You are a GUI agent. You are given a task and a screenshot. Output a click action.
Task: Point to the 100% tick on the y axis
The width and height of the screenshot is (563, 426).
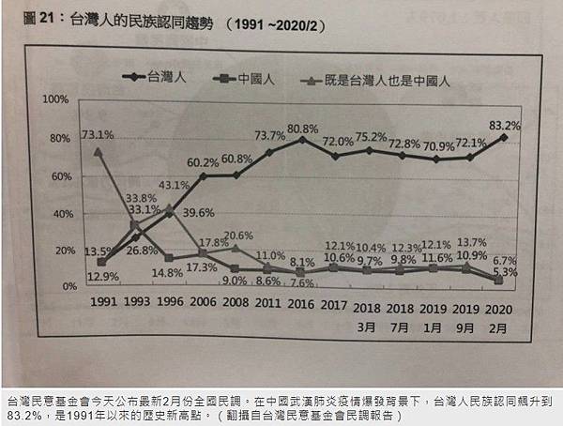point(56,99)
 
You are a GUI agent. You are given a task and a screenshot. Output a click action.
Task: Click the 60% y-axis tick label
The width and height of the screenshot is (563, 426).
point(59,176)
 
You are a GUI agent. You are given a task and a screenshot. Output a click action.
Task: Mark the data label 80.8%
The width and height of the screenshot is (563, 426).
point(305,128)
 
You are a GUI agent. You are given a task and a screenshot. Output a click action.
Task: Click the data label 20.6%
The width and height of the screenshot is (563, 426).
point(238,235)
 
